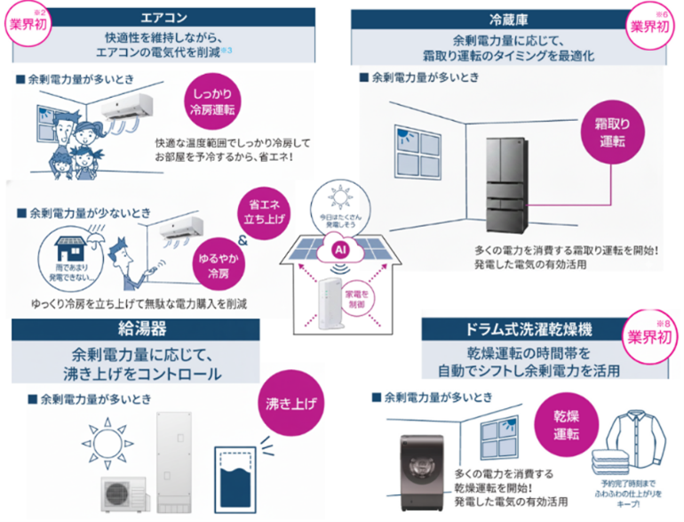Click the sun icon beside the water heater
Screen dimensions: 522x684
(100, 443)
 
